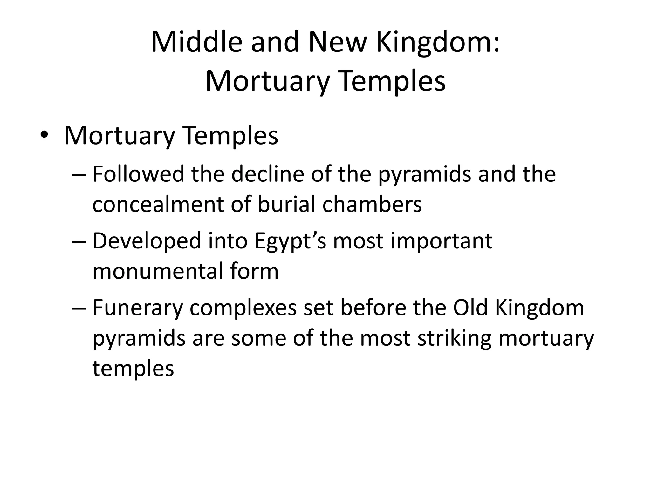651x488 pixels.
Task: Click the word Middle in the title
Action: tap(196, 42)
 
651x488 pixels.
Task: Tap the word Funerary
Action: tap(138, 308)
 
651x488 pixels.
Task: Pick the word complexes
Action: tap(243, 308)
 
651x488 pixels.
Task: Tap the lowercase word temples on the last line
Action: tap(133, 368)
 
